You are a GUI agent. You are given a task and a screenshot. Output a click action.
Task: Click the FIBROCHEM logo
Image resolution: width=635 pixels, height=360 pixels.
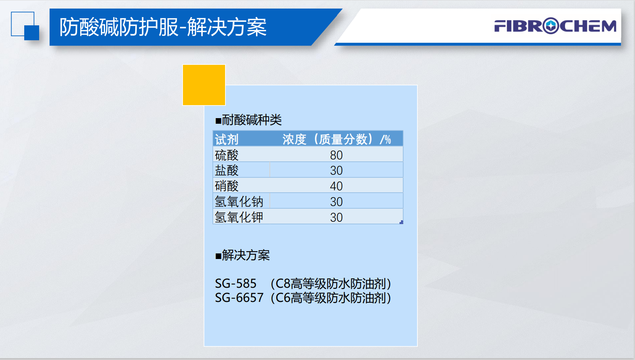(x=555, y=26)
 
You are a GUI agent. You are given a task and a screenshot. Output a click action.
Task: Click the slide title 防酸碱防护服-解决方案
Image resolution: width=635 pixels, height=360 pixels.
(x=163, y=27)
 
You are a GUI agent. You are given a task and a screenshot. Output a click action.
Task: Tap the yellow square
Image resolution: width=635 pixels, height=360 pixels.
(x=204, y=85)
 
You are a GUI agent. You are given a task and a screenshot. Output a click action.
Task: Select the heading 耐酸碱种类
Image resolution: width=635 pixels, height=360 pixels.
(x=249, y=120)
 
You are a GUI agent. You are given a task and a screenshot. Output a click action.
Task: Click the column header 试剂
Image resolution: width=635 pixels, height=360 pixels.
(x=227, y=139)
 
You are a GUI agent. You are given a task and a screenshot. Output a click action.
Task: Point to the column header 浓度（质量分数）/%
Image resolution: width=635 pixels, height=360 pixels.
(x=337, y=139)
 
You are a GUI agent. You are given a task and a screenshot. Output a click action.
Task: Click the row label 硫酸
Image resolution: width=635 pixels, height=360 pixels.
(x=227, y=155)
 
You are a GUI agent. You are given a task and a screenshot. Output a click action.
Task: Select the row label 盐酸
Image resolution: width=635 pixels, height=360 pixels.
(x=227, y=170)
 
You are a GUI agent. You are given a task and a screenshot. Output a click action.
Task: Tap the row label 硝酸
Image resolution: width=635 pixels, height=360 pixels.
(x=227, y=186)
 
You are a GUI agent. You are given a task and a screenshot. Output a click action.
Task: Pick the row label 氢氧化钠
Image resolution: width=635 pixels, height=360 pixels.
(x=239, y=202)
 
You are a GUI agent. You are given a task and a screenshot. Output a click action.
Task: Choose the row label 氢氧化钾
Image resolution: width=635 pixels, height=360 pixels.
(x=239, y=217)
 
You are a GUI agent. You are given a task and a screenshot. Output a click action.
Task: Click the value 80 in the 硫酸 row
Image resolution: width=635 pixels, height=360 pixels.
(x=336, y=155)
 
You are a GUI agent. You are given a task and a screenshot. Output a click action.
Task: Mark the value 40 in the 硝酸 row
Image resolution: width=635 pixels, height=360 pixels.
(x=336, y=186)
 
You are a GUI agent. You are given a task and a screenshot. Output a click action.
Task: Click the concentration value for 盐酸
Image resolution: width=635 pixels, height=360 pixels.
(x=336, y=171)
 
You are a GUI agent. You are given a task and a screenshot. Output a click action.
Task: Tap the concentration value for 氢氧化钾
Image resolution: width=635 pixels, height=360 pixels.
(x=336, y=217)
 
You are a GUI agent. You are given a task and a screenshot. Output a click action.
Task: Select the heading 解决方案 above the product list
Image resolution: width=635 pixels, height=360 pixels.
(x=243, y=255)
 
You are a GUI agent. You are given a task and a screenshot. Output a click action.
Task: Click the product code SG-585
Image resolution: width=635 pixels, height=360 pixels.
(x=236, y=284)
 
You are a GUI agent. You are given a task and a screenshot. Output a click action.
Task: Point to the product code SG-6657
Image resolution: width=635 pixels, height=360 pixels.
(x=239, y=298)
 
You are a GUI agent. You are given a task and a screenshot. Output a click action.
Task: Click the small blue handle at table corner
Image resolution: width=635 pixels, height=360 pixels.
(x=401, y=222)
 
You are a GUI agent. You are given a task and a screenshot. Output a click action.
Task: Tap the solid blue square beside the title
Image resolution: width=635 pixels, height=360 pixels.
(x=31, y=32)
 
